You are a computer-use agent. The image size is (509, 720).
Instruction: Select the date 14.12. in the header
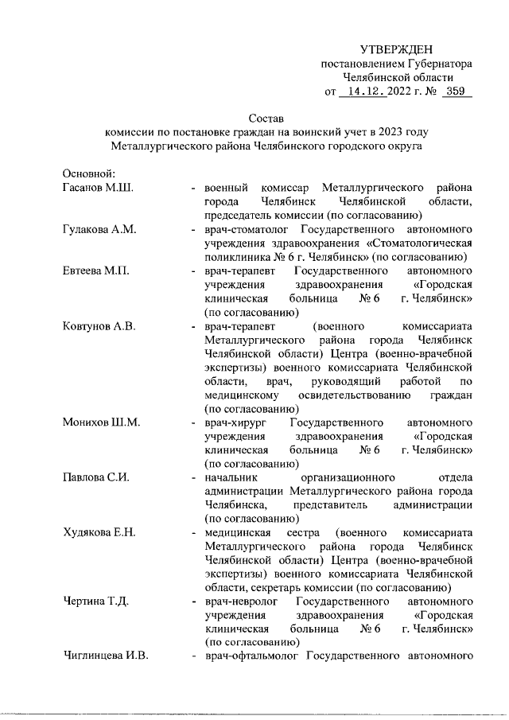362,92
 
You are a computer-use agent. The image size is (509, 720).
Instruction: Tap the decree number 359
454,92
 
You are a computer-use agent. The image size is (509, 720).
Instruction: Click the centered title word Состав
266,118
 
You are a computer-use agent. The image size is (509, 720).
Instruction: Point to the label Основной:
89,173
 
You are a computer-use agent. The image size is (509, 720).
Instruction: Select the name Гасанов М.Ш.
97,188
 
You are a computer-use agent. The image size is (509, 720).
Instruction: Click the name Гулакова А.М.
99,230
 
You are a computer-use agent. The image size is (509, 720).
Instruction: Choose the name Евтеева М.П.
96,271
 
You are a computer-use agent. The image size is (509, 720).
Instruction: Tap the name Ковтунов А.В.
99,327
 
